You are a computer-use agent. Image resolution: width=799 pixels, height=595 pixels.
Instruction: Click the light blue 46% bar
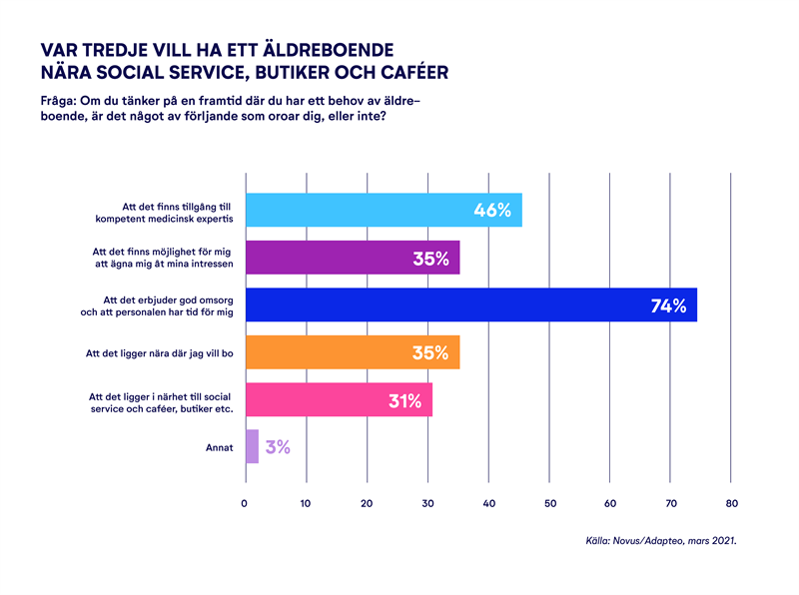(x=384, y=210)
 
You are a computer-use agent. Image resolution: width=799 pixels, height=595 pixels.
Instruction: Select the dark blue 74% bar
(x=470, y=304)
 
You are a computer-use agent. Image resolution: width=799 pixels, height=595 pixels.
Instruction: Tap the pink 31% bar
(x=339, y=399)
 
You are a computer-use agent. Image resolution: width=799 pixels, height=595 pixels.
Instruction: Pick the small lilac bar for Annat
(x=252, y=446)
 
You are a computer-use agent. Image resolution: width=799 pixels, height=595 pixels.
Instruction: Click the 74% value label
(x=668, y=306)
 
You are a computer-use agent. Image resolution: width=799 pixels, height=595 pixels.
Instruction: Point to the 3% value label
(x=278, y=447)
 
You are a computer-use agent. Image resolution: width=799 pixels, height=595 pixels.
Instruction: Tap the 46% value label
(x=492, y=211)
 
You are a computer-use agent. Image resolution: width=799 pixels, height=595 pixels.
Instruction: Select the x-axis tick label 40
(x=488, y=503)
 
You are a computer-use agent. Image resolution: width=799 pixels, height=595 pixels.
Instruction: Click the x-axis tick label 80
(x=732, y=503)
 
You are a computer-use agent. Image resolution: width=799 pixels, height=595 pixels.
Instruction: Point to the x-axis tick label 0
(x=245, y=503)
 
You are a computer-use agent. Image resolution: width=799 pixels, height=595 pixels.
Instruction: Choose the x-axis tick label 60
(x=610, y=503)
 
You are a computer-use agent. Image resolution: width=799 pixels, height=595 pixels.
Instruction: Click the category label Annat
(x=218, y=447)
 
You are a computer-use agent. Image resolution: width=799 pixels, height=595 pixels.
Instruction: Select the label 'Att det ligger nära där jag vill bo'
(x=160, y=352)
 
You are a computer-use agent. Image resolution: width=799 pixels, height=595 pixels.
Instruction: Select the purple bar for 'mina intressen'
(x=353, y=258)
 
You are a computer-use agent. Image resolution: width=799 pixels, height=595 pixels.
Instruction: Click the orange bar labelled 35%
(x=353, y=352)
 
